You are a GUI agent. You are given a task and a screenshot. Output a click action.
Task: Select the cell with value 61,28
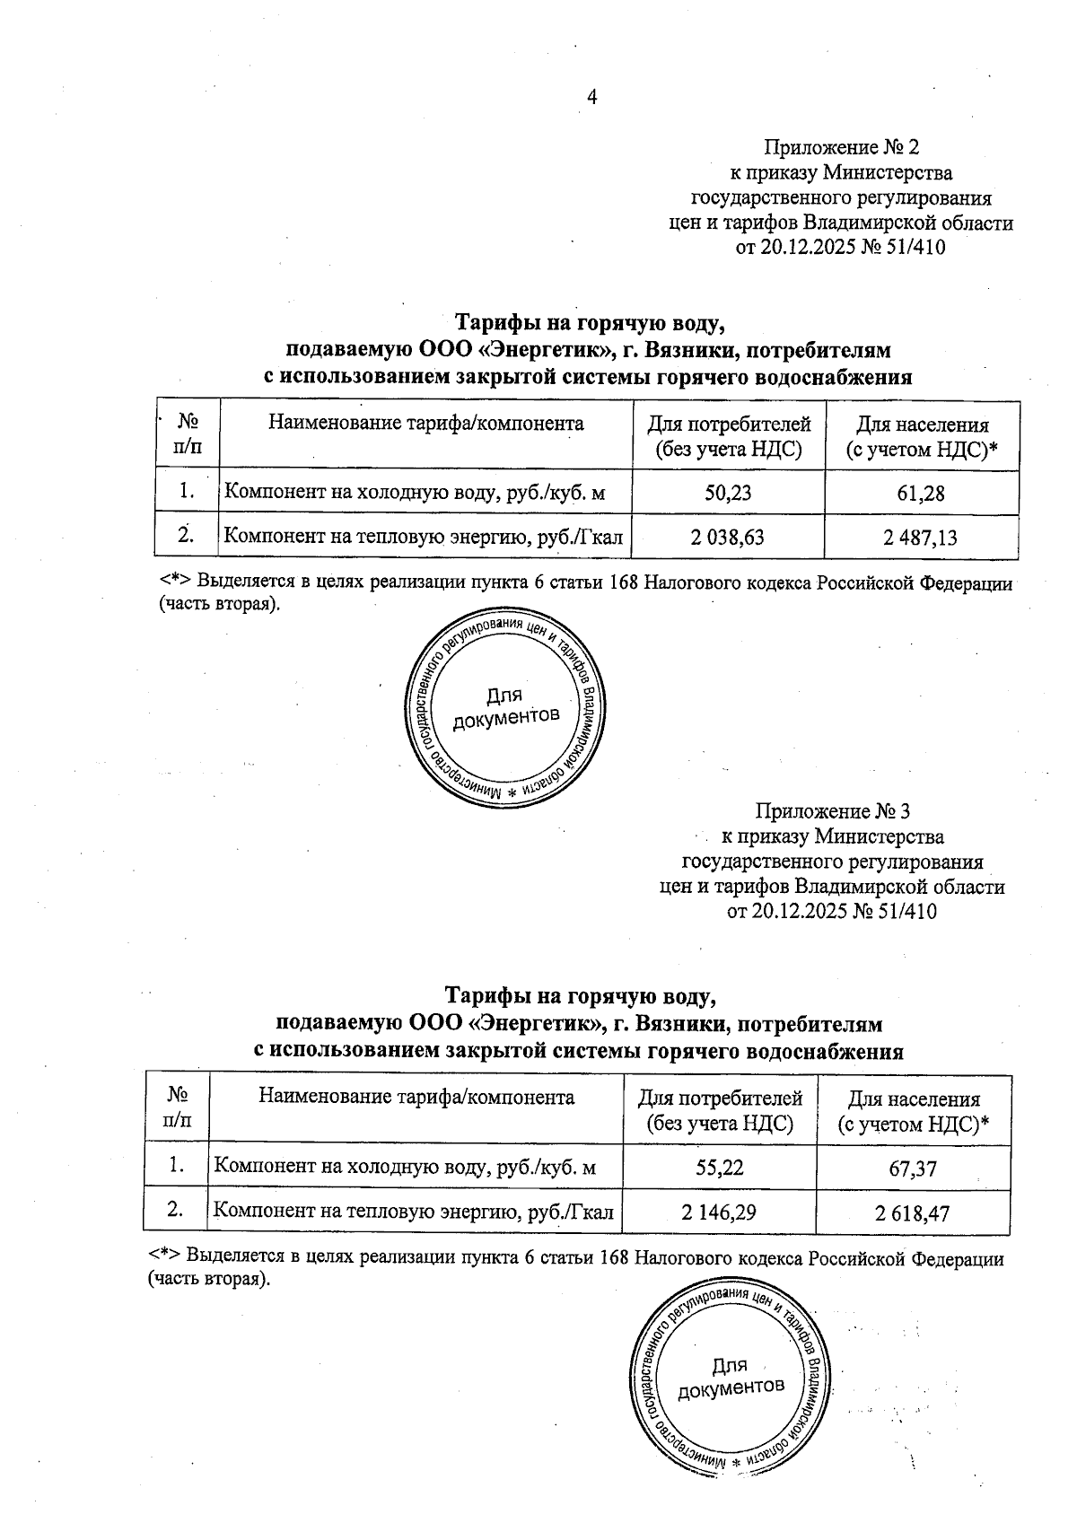[920, 493]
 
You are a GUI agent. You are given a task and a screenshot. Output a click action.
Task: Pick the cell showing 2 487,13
[920, 538]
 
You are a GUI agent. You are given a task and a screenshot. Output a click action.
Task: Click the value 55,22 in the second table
[719, 1166]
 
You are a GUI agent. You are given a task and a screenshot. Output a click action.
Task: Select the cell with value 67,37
[914, 1167]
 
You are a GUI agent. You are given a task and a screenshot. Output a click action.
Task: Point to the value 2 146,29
[718, 1212]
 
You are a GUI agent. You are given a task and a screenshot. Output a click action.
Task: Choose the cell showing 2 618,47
[914, 1213]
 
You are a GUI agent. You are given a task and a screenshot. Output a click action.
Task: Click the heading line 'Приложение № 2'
[842, 146]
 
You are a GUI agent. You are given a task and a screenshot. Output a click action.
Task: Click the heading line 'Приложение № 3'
[833, 811]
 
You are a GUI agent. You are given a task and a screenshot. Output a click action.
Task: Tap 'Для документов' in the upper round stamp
[505, 707]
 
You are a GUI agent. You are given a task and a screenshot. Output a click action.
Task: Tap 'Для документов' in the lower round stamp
[730, 1377]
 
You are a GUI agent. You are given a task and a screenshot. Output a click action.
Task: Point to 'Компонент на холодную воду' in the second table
[404, 1167]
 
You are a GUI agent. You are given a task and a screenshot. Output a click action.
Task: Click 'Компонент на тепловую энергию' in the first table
[423, 537]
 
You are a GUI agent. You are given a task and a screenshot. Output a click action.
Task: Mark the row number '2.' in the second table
[176, 1211]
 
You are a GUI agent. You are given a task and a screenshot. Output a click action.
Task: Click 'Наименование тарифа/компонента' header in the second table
[416, 1097]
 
